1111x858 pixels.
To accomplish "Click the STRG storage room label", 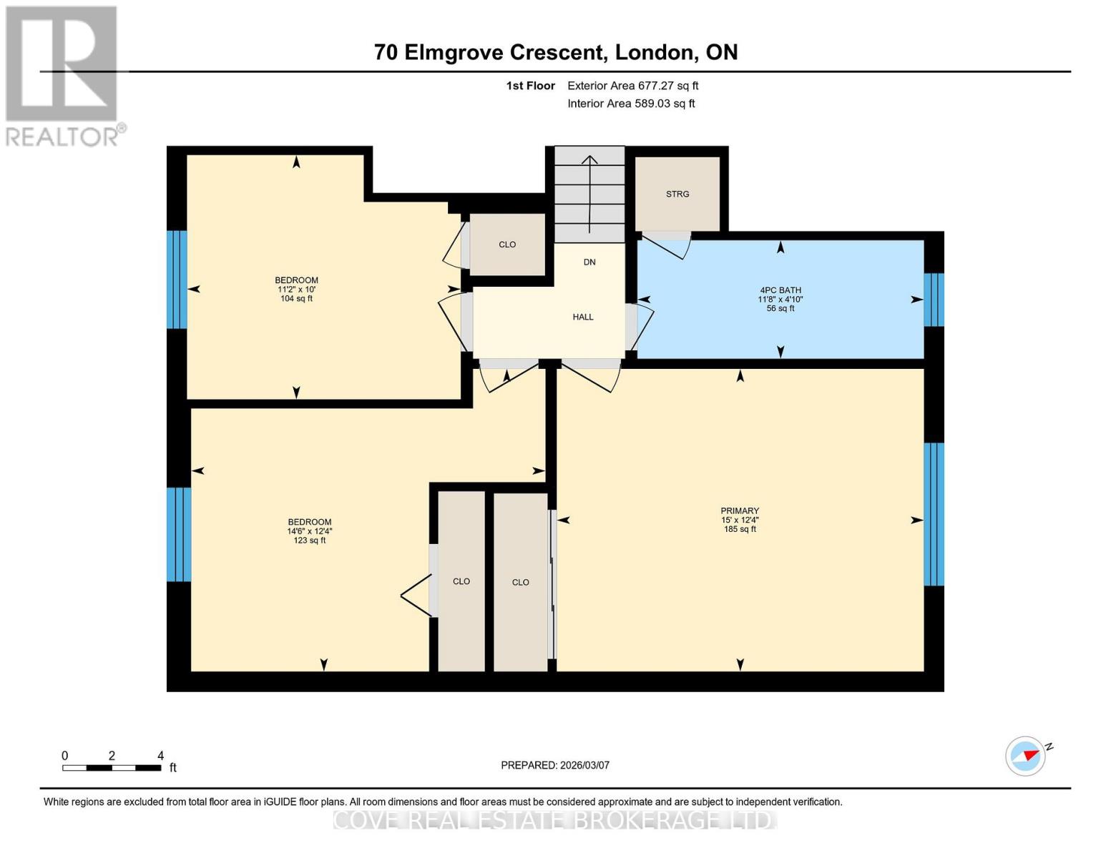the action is (x=677, y=194).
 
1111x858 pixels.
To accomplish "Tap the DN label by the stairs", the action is (x=589, y=262).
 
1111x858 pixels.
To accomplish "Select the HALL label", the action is (x=583, y=317).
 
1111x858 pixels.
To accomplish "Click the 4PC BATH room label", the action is (x=780, y=290).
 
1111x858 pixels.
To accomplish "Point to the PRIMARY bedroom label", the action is (x=740, y=511).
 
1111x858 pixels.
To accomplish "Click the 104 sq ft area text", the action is (x=296, y=298).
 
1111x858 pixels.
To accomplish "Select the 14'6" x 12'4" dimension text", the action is (x=310, y=531).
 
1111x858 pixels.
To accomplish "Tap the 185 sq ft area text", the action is (x=740, y=529).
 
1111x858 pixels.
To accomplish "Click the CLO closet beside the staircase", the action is (x=507, y=245).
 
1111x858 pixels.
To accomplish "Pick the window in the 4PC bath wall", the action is (x=934, y=300).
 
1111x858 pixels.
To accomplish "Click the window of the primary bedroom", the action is (x=934, y=514).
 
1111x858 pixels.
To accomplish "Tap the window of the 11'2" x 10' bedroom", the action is (x=177, y=280).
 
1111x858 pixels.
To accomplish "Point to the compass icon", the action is (x=1026, y=756).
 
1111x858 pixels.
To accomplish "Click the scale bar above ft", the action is (x=112, y=767).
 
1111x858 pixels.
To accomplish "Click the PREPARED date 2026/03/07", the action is (x=585, y=765).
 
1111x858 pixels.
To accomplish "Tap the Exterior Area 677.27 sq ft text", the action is (x=633, y=86).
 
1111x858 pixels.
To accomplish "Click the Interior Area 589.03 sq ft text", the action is (x=632, y=104).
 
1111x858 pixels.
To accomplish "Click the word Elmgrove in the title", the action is (x=454, y=53).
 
